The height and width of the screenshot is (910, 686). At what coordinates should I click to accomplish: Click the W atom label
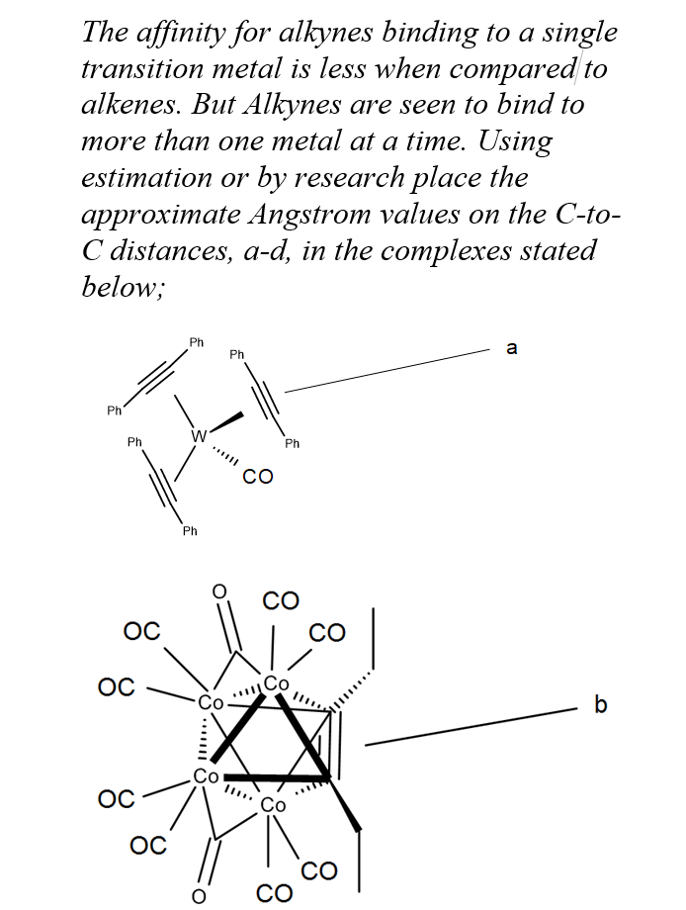click(200, 435)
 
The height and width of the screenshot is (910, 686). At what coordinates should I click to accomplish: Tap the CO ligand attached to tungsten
click(257, 478)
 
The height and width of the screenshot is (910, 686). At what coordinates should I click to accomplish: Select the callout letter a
click(511, 347)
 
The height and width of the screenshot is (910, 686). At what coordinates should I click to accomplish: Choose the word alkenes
click(130, 105)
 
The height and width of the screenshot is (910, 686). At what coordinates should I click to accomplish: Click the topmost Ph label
click(196, 342)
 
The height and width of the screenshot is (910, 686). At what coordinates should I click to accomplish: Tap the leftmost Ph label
click(115, 409)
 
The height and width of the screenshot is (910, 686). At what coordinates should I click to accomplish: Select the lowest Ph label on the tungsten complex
click(190, 531)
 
